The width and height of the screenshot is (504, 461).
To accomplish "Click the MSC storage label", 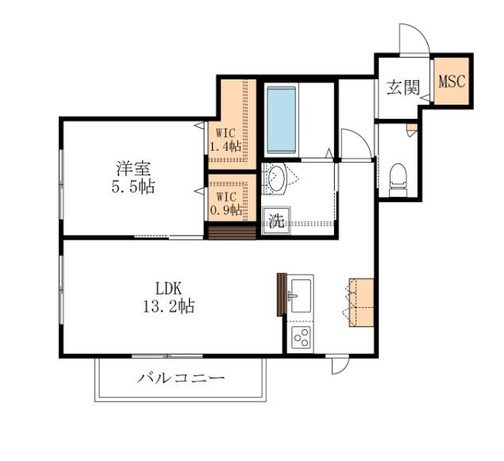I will pyautogui.click(x=452, y=82).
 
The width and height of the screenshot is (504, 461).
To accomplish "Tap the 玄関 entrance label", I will pyautogui.click(x=402, y=87).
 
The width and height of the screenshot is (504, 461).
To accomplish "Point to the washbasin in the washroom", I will pyautogui.click(x=275, y=178).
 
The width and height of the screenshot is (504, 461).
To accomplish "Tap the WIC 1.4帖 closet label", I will pyautogui.click(x=225, y=140).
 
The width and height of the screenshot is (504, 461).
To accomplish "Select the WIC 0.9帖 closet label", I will pyautogui.click(x=225, y=203).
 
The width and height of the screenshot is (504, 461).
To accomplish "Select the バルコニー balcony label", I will pyautogui.click(x=180, y=378).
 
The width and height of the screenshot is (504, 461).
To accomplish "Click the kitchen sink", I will pyautogui.click(x=301, y=296).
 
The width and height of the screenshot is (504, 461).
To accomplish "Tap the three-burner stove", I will pyautogui.click(x=301, y=337).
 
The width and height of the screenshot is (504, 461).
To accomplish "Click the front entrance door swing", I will pyautogui.click(x=413, y=40).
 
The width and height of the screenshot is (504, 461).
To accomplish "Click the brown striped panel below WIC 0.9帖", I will pyautogui.click(x=232, y=231).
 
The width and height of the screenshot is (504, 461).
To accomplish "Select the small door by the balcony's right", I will pyautogui.click(x=340, y=364).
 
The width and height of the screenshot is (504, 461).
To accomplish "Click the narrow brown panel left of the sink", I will pyautogui.click(x=280, y=294).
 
